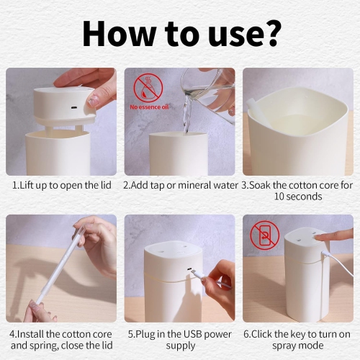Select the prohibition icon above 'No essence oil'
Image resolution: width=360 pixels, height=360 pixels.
[x=148, y=88]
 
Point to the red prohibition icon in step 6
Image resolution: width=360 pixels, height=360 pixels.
[x=265, y=234]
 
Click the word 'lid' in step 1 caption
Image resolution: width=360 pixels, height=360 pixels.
[x=105, y=185]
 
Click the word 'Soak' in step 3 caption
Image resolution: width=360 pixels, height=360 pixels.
[x=262, y=185]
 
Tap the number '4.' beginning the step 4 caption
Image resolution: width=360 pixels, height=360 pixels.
[x=13, y=334]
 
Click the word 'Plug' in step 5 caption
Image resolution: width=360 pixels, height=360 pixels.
[x=146, y=334]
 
